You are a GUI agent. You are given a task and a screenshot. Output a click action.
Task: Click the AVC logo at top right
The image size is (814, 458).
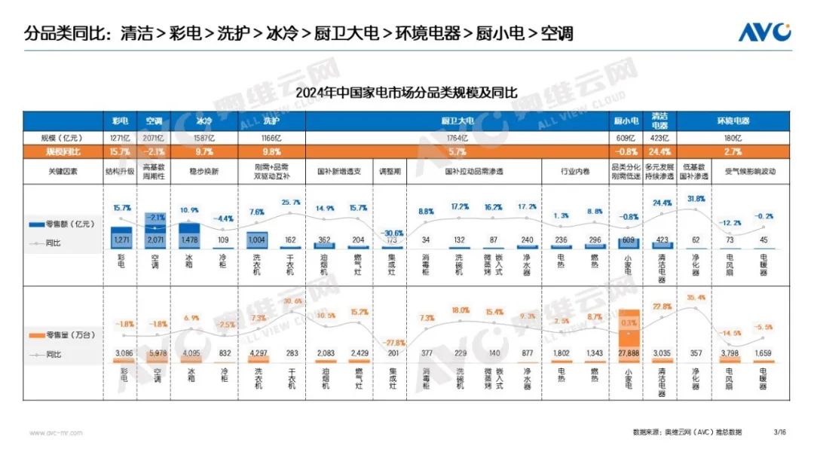pos(764,32)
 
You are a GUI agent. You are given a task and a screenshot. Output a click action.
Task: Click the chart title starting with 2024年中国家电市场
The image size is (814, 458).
pos(407,93)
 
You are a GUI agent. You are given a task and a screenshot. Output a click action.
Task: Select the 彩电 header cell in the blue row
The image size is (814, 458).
pos(121,121)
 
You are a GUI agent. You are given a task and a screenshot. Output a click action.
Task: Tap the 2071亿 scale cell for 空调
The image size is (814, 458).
pos(155,139)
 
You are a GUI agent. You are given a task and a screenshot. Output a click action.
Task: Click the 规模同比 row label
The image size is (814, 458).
pos(63,151)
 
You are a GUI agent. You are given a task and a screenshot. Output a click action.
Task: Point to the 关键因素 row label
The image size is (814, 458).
pos(63,171)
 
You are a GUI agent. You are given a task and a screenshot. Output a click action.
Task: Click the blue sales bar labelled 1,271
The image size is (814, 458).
pos(121,237)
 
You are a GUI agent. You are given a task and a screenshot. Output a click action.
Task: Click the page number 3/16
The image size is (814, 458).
pos(779,432)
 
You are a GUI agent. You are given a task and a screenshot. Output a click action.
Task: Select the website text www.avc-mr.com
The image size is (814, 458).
pos(56,432)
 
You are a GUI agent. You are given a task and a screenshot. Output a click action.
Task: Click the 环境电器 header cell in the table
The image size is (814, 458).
pos(732,121)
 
